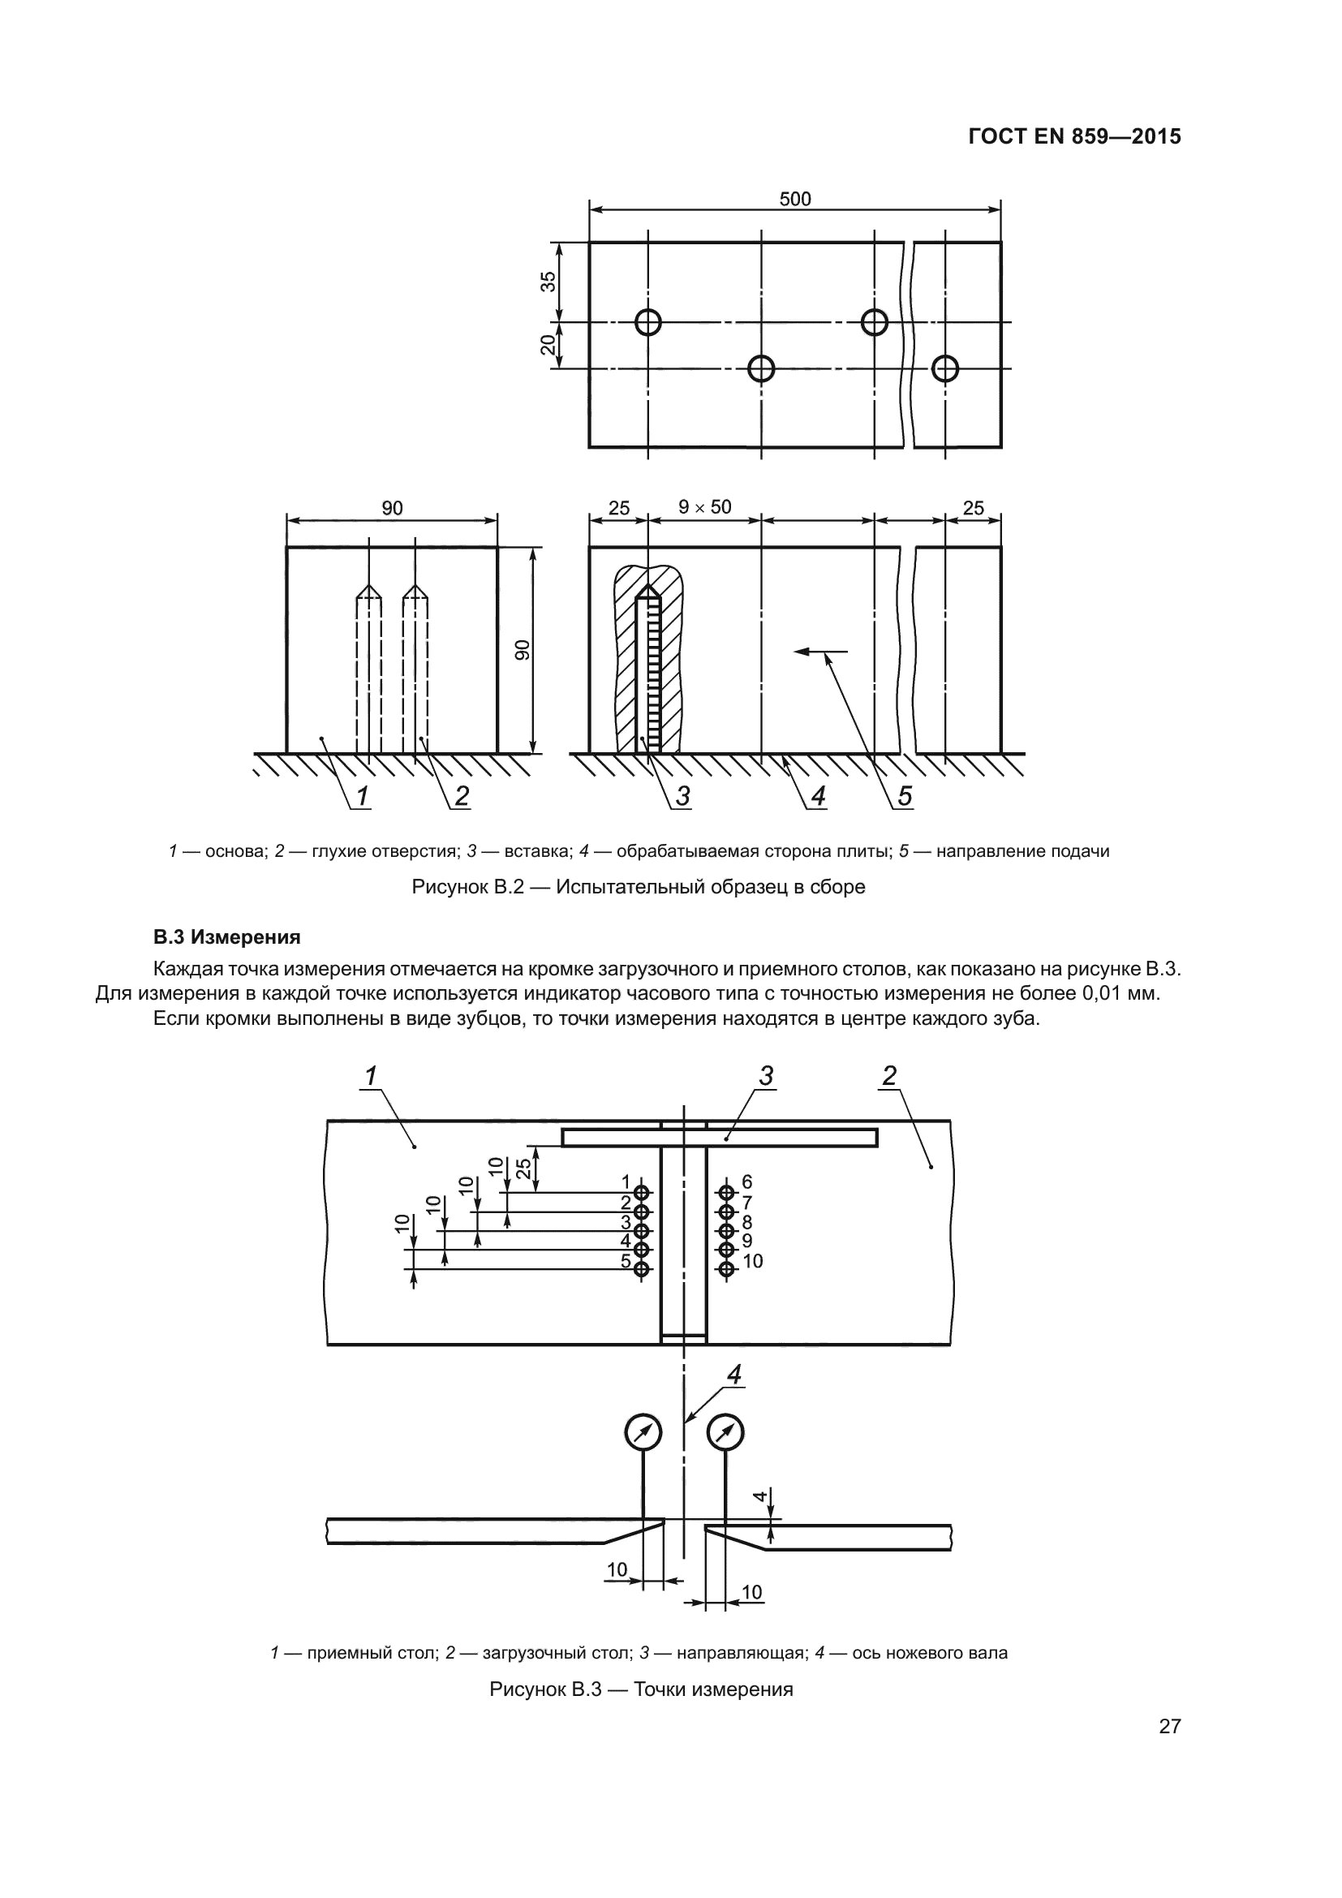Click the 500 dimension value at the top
point(795,200)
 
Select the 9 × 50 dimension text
point(705,506)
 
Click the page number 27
point(1169,1726)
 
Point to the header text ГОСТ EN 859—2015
point(1074,136)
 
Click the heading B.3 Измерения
point(226,937)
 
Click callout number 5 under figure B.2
point(905,796)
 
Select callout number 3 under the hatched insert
point(682,796)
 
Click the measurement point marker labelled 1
point(642,1192)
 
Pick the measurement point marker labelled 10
point(726,1269)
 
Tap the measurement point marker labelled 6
point(726,1192)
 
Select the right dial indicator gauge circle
point(725,1431)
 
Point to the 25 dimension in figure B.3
point(524,1168)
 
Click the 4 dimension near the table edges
point(759,1496)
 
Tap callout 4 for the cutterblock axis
point(733,1374)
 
